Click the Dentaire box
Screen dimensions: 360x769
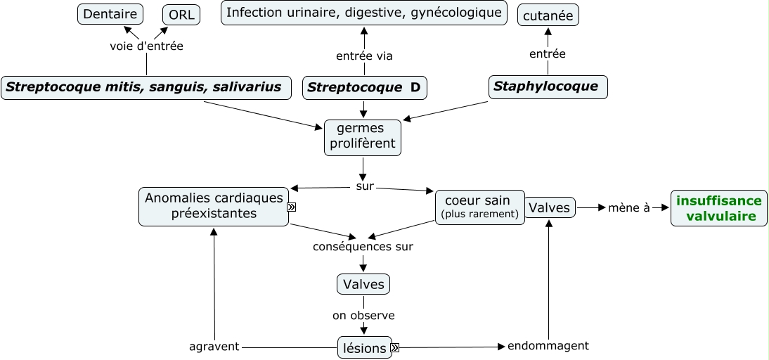coord(110,13)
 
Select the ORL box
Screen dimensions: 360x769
coord(181,14)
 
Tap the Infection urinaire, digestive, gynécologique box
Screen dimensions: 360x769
coord(364,13)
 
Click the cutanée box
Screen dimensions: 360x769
coord(548,14)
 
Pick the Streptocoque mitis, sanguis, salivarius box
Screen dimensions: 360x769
coord(146,88)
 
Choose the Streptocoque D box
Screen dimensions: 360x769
coord(364,88)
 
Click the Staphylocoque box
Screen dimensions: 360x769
coord(548,87)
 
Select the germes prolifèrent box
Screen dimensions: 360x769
coord(363,136)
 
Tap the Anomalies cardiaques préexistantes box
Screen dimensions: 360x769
coord(214,206)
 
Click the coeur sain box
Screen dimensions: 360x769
coord(479,207)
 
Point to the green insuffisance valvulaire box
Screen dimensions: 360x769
coord(718,208)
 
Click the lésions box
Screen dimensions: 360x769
coord(363,348)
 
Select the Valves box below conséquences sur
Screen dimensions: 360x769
coord(363,284)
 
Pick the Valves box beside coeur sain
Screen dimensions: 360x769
coord(550,207)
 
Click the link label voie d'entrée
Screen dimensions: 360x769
coord(147,46)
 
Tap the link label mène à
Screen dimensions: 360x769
coord(628,208)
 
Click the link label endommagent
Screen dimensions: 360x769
coord(548,346)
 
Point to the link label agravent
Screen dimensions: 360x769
coord(214,347)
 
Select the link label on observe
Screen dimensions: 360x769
coord(363,316)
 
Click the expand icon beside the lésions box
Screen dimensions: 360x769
coord(395,347)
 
